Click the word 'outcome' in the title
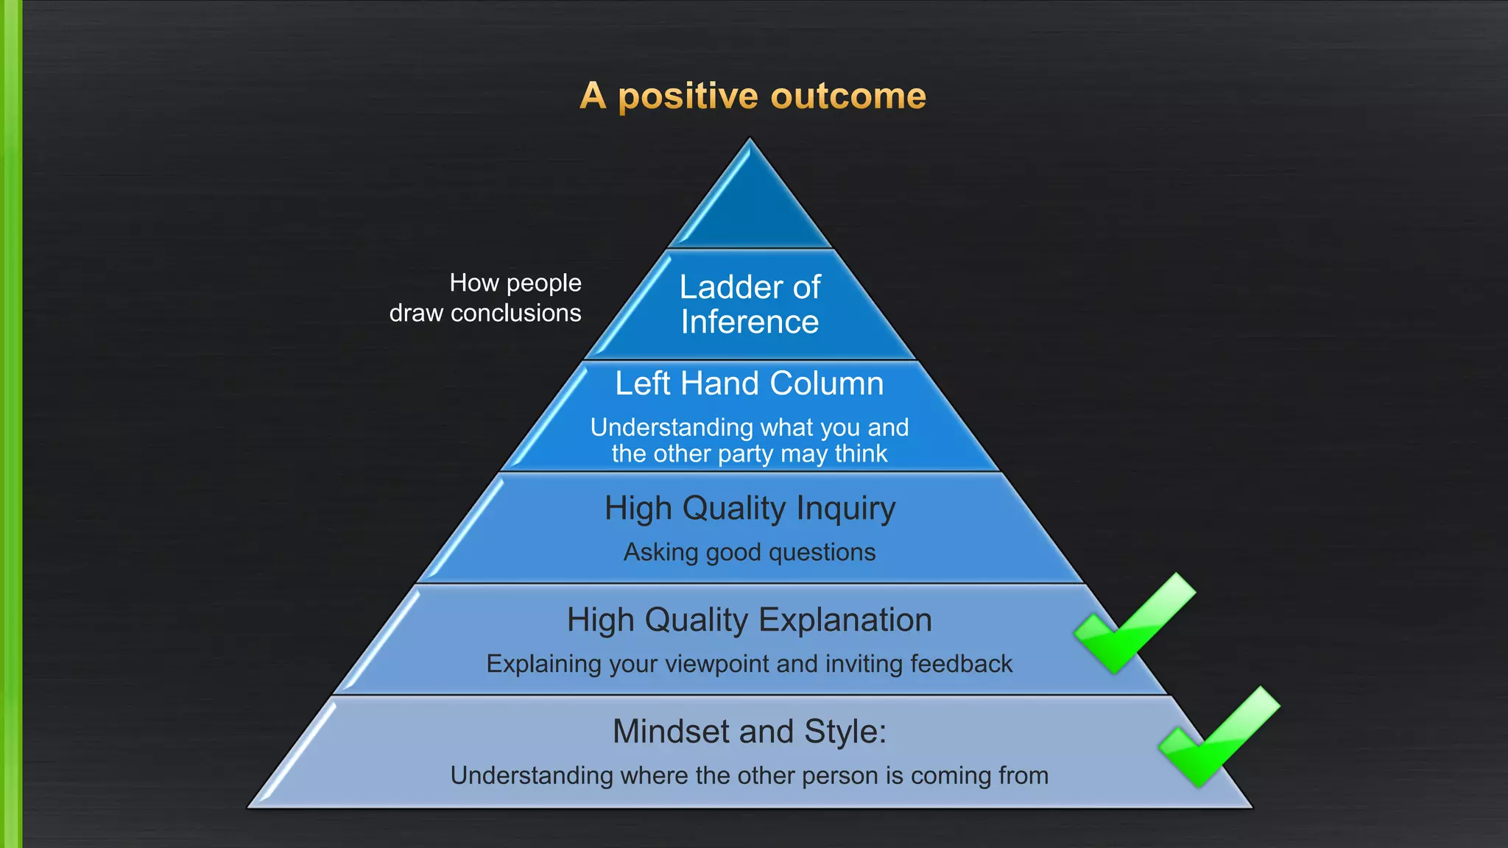[848, 96]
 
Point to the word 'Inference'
[750, 322]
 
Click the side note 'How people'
[515, 283]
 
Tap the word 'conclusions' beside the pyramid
[515, 314]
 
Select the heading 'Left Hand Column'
[750, 384]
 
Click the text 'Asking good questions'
[750, 552]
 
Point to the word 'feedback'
[961, 664]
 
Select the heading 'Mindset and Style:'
[750, 732]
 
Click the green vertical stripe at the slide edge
[10, 424]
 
